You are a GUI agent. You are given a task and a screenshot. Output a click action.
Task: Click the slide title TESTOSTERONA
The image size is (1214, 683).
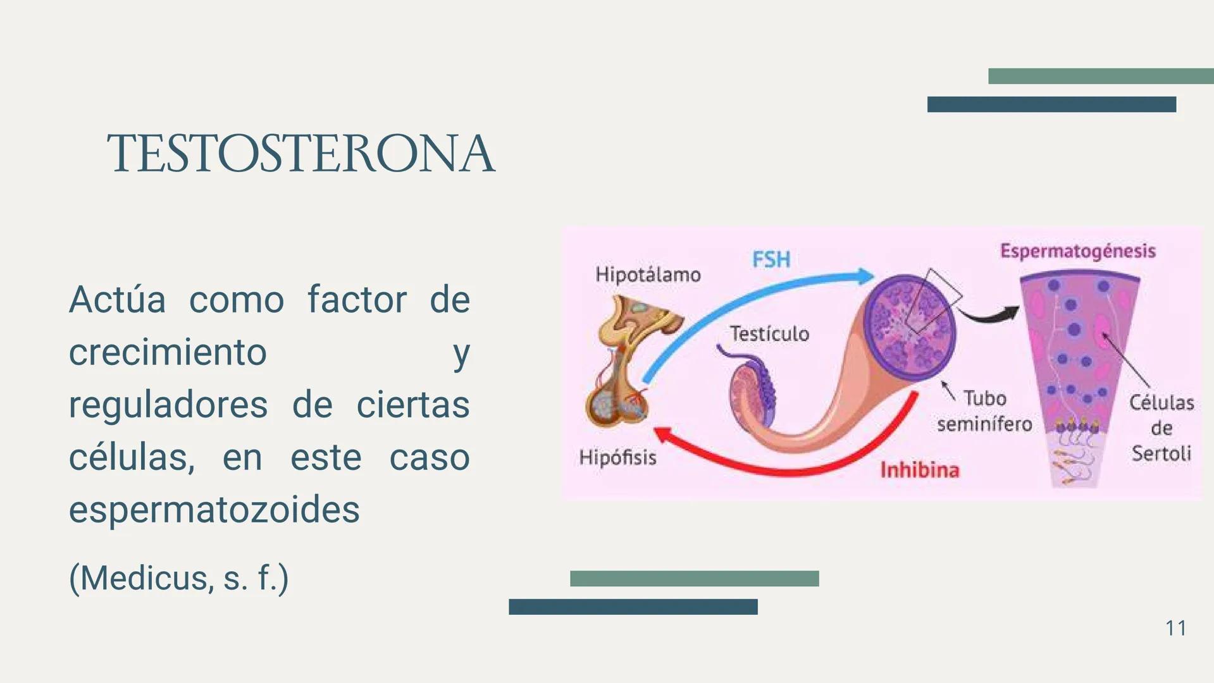click(x=301, y=154)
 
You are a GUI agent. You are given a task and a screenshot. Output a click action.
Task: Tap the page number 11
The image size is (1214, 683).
click(x=1175, y=628)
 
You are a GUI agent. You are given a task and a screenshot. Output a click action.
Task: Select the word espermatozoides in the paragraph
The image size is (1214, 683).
click(x=214, y=510)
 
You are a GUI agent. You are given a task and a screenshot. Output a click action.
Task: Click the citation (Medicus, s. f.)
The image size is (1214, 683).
click(x=178, y=577)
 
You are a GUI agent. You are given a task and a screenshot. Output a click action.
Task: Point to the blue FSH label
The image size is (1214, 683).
click(x=771, y=259)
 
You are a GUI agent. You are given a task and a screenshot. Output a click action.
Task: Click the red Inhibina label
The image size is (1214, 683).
click(x=919, y=470)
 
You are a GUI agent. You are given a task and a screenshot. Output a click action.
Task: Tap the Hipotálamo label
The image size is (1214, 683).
click(x=648, y=274)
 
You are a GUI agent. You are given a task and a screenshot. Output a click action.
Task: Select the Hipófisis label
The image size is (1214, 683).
click(x=617, y=457)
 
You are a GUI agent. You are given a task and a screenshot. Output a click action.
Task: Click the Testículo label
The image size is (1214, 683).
click(x=769, y=333)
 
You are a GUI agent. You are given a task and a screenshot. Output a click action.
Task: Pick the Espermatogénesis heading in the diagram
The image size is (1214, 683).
click(x=1077, y=251)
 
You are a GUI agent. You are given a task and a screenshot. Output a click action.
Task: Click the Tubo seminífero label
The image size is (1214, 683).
click(x=984, y=411)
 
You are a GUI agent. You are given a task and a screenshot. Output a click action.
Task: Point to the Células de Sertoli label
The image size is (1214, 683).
click(x=1161, y=428)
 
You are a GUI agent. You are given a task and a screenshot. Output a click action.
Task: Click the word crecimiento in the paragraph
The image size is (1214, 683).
click(x=168, y=352)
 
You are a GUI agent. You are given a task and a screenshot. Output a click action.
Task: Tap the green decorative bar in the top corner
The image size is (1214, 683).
click(x=1100, y=76)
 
